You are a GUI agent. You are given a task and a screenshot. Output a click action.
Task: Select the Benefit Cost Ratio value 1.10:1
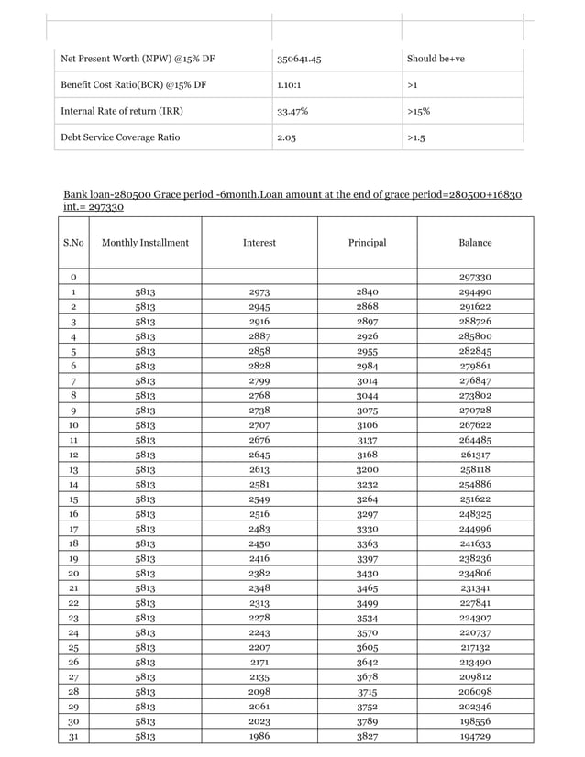click(293, 85)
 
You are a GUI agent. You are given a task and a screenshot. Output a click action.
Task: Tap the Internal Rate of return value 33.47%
click(292, 112)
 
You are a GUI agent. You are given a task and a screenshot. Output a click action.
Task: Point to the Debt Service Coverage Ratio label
click(120, 137)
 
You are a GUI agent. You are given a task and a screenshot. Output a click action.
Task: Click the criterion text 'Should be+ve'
click(436, 60)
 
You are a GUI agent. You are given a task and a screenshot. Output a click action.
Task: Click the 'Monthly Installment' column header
click(145, 243)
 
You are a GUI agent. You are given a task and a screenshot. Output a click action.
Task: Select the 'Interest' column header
click(259, 243)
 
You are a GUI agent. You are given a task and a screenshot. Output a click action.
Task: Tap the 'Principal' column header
click(367, 243)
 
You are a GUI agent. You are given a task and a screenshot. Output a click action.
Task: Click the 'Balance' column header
click(475, 243)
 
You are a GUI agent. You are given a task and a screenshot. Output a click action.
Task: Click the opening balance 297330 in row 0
click(475, 277)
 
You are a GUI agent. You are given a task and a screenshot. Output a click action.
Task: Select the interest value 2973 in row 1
click(259, 292)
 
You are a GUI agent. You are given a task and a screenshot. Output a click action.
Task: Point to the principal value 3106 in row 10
click(367, 425)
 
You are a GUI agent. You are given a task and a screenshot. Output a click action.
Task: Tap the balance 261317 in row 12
click(475, 455)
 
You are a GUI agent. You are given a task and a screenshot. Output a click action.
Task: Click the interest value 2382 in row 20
click(259, 573)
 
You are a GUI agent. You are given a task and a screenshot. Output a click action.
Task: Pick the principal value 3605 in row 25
click(367, 647)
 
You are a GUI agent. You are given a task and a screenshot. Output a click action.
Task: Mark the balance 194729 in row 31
click(475, 736)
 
